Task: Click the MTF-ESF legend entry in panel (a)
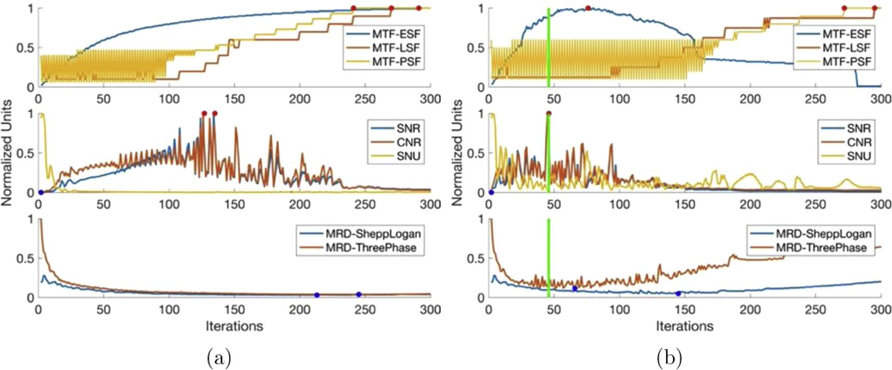(x=396, y=34)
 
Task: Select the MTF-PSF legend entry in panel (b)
(x=846, y=62)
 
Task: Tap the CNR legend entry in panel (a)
(x=408, y=142)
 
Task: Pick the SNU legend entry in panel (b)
(x=858, y=156)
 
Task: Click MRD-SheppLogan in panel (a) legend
(x=373, y=233)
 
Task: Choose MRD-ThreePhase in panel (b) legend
(x=821, y=247)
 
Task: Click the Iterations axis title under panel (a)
(x=234, y=326)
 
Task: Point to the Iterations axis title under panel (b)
(x=684, y=326)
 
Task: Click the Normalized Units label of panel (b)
(x=457, y=153)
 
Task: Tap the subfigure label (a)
(x=219, y=358)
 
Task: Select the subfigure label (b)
(x=669, y=358)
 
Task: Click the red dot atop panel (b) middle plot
(x=549, y=114)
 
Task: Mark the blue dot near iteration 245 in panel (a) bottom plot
(x=359, y=295)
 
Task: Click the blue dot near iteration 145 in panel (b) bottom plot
(x=678, y=294)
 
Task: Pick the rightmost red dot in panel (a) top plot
(x=418, y=8)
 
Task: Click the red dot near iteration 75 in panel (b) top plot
(x=587, y=8)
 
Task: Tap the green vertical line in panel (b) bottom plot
(x=549, y=260)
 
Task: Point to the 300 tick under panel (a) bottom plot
(x=430, y=310)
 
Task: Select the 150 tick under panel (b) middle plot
(x=684, y=204)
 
